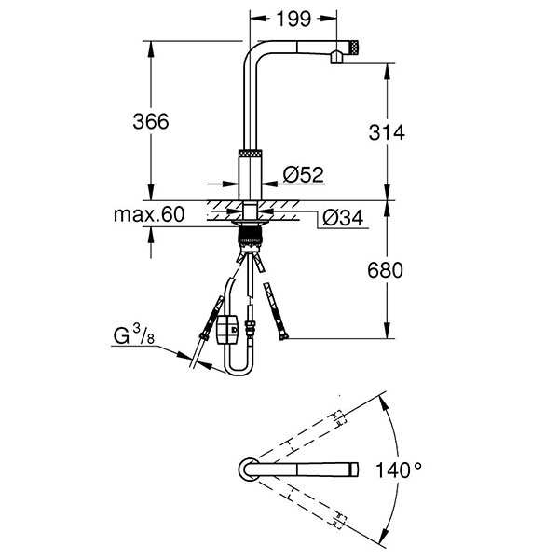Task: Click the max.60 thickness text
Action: (x=148, y=215)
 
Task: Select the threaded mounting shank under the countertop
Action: (x=252, y=233)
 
